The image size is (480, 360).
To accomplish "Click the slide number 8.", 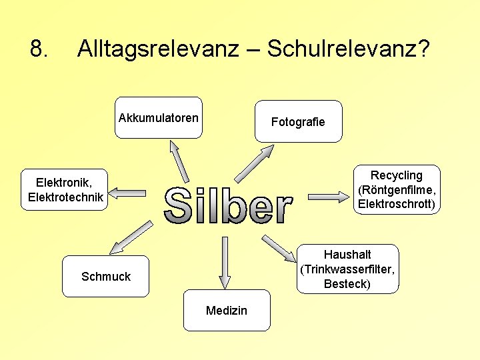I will [x=39, y=49].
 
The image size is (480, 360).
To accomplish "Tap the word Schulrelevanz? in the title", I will [x=348, y=49].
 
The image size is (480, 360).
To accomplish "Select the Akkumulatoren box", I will [x=158, y=118].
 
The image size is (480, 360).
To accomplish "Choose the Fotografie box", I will [x=298, y=121].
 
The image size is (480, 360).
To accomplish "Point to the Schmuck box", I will [x=106, y=276].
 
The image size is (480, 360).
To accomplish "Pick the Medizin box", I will [x=227, y=311].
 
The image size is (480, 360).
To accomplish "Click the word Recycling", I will [x=397, y=175].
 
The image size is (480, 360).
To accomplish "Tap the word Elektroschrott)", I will [x=397, y=204].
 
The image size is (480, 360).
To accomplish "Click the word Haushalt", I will [x=347, y=255].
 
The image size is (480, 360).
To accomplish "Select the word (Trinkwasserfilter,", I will [x=347, y=269].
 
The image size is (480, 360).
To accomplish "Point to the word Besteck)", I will [x=347, y=284].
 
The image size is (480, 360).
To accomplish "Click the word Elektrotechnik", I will [x=65, y=197].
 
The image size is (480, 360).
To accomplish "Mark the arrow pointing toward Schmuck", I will [x=131, y=237].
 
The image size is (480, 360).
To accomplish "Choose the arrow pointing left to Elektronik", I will [x=127, y=193].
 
